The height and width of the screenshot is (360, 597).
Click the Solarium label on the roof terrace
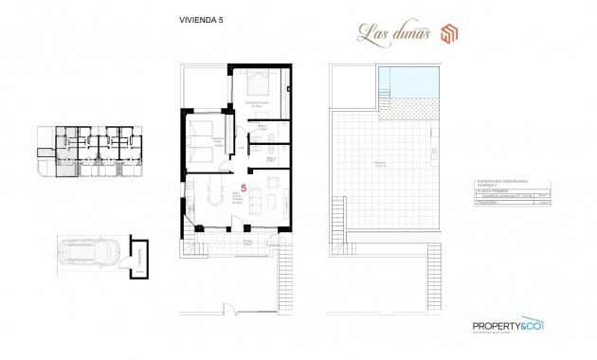(x=378, y=163)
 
